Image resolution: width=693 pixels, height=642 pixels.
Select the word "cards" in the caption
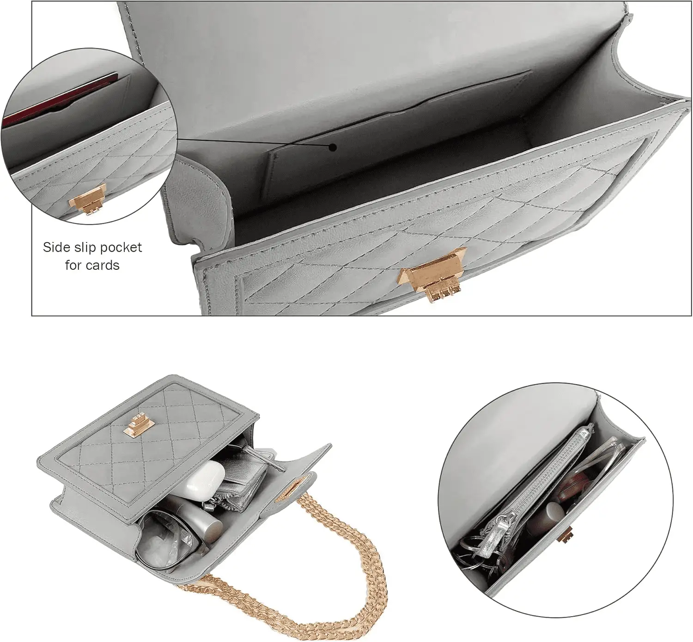pos(103,266)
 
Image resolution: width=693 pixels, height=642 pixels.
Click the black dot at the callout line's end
pos(333,147)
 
